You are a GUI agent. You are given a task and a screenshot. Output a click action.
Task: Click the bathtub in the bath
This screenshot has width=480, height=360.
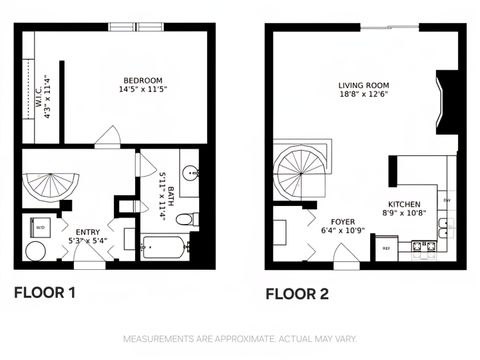click(x=165, y=246)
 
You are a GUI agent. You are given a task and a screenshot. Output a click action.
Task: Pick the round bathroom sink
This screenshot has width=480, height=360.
click(x=190, y=172)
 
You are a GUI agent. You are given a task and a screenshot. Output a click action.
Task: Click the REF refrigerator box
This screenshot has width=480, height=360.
click(x=386, y=247)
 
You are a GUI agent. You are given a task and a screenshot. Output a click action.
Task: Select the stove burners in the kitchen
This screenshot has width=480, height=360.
click(x=424, y=245)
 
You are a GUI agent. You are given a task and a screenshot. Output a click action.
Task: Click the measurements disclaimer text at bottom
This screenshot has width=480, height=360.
click(x=239, y=340)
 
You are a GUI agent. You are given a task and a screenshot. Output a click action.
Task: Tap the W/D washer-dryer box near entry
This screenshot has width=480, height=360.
click(x=40, y=227)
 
